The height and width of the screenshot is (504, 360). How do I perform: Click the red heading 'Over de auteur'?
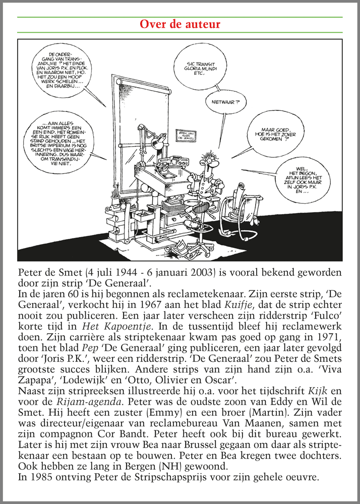point(179,25)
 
